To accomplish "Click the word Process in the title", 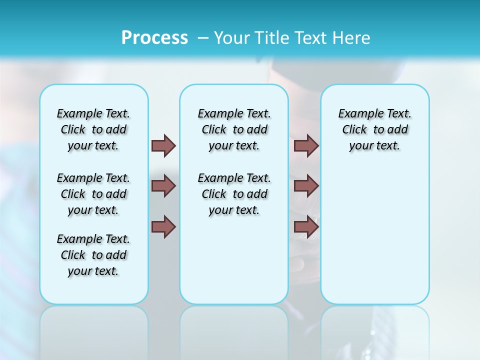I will pyautogui.click(x=154, y=37).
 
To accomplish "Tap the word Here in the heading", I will pyautogui.click(x=352, y=37).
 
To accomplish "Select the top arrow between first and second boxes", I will pyautogui.click(x=163, y=145).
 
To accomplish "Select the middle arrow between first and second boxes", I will pyautogui.click(x=163, y=186).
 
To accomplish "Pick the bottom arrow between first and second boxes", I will pyautogui.click(x=163, y=227).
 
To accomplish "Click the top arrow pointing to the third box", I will pyautogui.click(x=306, y=145).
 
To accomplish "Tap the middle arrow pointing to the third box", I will pyautogui.click(x=306, y=186).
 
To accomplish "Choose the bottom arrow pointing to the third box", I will pyautogui.click(x=306, y=227).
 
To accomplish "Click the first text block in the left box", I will pyautogui.click(x=93, y=129).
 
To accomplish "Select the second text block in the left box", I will pyautogui.click(x=93, y=194).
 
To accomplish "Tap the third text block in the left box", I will pyautogui.click(x=93, y=255).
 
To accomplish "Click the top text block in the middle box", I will pyautogui.click(x=234, y=129).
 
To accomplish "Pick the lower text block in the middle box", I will pyautogui.click(x=234, y=194).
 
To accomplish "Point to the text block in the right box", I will pyautogui.click(x=374, y=129).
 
